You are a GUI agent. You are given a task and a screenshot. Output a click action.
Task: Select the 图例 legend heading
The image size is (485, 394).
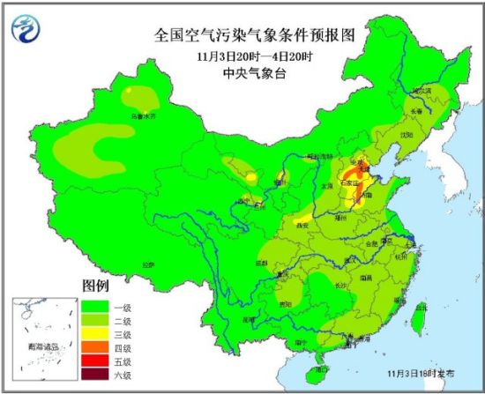95,287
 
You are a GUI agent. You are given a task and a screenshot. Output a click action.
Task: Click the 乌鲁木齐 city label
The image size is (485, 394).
142,115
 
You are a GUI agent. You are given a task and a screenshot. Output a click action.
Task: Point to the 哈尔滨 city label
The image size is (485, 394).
425,90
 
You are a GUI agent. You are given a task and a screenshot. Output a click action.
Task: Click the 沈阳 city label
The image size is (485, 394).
406,135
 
